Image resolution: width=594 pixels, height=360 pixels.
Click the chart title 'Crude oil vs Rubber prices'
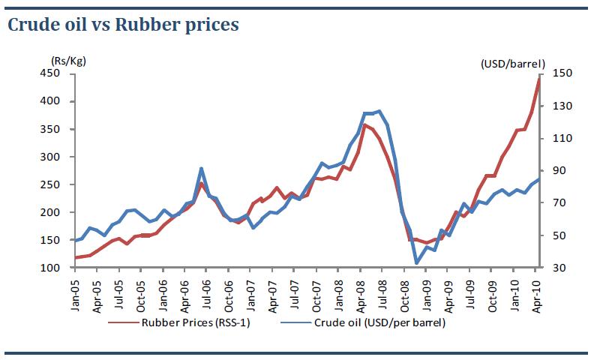tap(123, 25)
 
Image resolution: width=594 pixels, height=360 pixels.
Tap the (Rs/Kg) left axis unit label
tap(65, 60)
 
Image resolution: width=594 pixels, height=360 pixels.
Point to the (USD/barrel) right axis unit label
tap(513, 64)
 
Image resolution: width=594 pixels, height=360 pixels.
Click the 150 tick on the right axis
tap(562, 73)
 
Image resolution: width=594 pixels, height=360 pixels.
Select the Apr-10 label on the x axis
tap(537, 288)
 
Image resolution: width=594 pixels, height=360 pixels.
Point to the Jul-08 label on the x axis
tap(381, 288)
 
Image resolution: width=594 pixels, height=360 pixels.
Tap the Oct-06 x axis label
tap(228, 288)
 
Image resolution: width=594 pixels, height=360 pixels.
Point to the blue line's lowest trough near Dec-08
tap(417, 262)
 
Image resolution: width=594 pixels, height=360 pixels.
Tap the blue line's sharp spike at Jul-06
tap(201, 169)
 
